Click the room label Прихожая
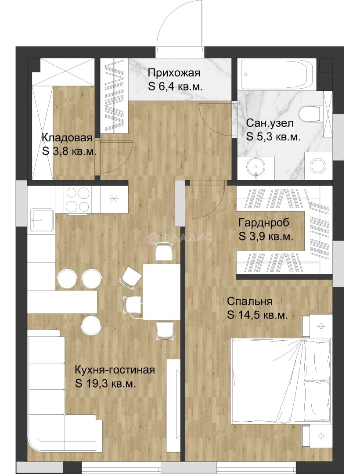[174, 73]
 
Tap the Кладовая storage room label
[67, 138]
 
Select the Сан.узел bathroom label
[270, 123]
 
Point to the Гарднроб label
[264, 223]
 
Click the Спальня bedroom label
[250, 301]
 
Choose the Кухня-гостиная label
[115, 370]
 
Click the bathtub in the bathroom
[277, 74]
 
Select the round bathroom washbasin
[256, 167]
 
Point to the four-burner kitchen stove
[78, 199]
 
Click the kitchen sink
[42, 220]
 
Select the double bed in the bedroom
[281, 381]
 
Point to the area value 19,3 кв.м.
[110, 384]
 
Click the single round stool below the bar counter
[91, 325]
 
